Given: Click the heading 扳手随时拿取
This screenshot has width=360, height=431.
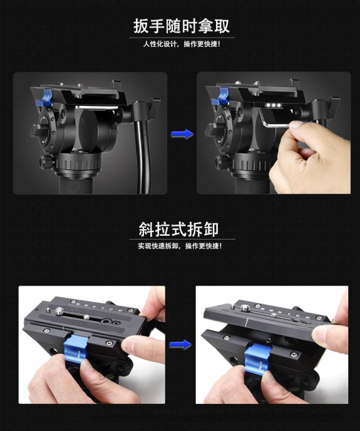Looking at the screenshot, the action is pyautogui.click(x=182, y=26).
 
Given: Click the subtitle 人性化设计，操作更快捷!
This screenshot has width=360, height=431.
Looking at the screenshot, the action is pyautogui.click(x=182, y=44).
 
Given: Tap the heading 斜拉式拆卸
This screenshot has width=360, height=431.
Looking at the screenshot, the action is pyautogui.click(x=178, y=229).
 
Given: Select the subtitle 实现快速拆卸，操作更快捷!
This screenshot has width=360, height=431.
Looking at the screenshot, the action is pyautogui.click(x=180, y=246).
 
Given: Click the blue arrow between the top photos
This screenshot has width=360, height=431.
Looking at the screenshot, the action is pyautogui.click(x=182, y=134).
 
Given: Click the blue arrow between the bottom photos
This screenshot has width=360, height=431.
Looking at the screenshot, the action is pyautogui.click(x=180, y=344).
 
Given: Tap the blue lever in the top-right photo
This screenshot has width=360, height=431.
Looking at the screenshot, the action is pyautogui.click(x=222, y=97).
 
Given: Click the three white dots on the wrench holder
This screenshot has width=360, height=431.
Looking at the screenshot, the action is pyautogui.click(x=273, y=105).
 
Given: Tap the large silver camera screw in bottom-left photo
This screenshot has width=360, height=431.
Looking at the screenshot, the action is pyautogui.click(x=59, y=311).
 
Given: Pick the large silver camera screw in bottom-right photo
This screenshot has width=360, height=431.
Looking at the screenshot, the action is pyautogui.click(x=244, y=308).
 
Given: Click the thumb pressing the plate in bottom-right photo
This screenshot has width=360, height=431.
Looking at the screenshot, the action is pyautogui.click(x=330, y=336).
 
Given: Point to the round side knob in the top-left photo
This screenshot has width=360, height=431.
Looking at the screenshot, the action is pyautogui.click(x=46, y=161).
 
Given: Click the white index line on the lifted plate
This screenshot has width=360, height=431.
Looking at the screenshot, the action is pyautogui.click(x=247, y=321).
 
